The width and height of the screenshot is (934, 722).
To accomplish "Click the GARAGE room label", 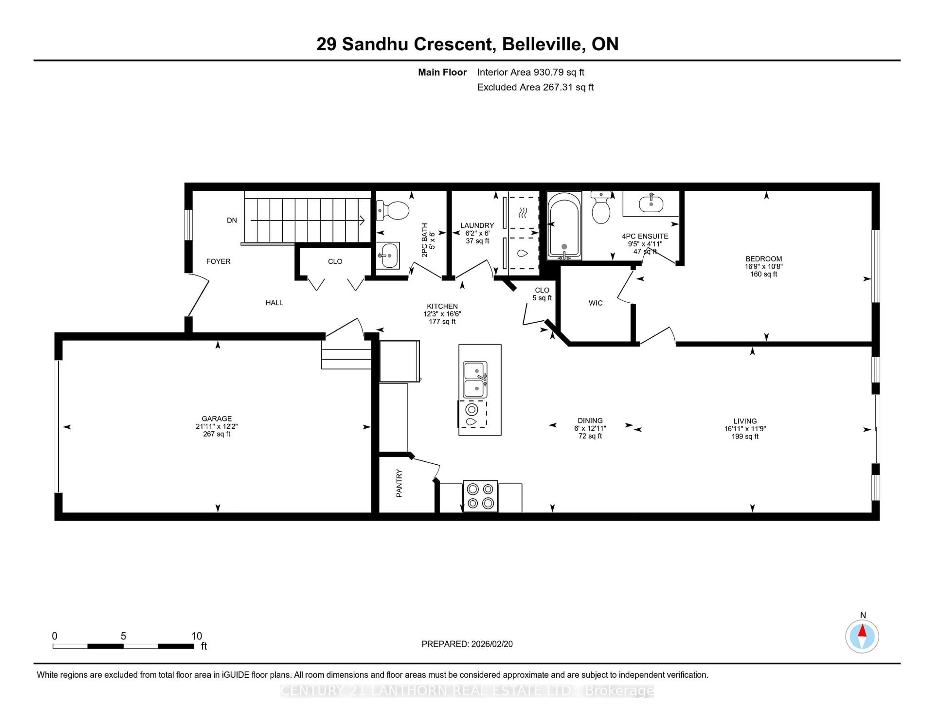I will (x=216, y=418).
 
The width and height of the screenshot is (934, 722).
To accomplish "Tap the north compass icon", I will (x=862, y=636).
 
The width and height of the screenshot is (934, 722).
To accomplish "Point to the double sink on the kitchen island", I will (x=475, y=380).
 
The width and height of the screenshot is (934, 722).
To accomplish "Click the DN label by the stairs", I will (x=232, y=220).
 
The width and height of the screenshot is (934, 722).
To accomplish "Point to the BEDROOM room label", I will (x=763, y=259).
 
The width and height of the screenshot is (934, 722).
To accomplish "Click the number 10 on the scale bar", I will (x=197, y=636).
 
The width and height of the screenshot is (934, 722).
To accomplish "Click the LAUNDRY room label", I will (x=477, y=226).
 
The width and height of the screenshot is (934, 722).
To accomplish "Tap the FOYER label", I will (x=218, y=261).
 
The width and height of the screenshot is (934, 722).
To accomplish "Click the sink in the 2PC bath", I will (x=388, y=256).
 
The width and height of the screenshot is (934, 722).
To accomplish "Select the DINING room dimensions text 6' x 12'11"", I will (x=590, y=428).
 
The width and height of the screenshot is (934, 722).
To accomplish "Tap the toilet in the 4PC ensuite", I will (x=601, y=208).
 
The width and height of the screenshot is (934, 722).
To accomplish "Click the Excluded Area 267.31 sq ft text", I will (x=535, y=87).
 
